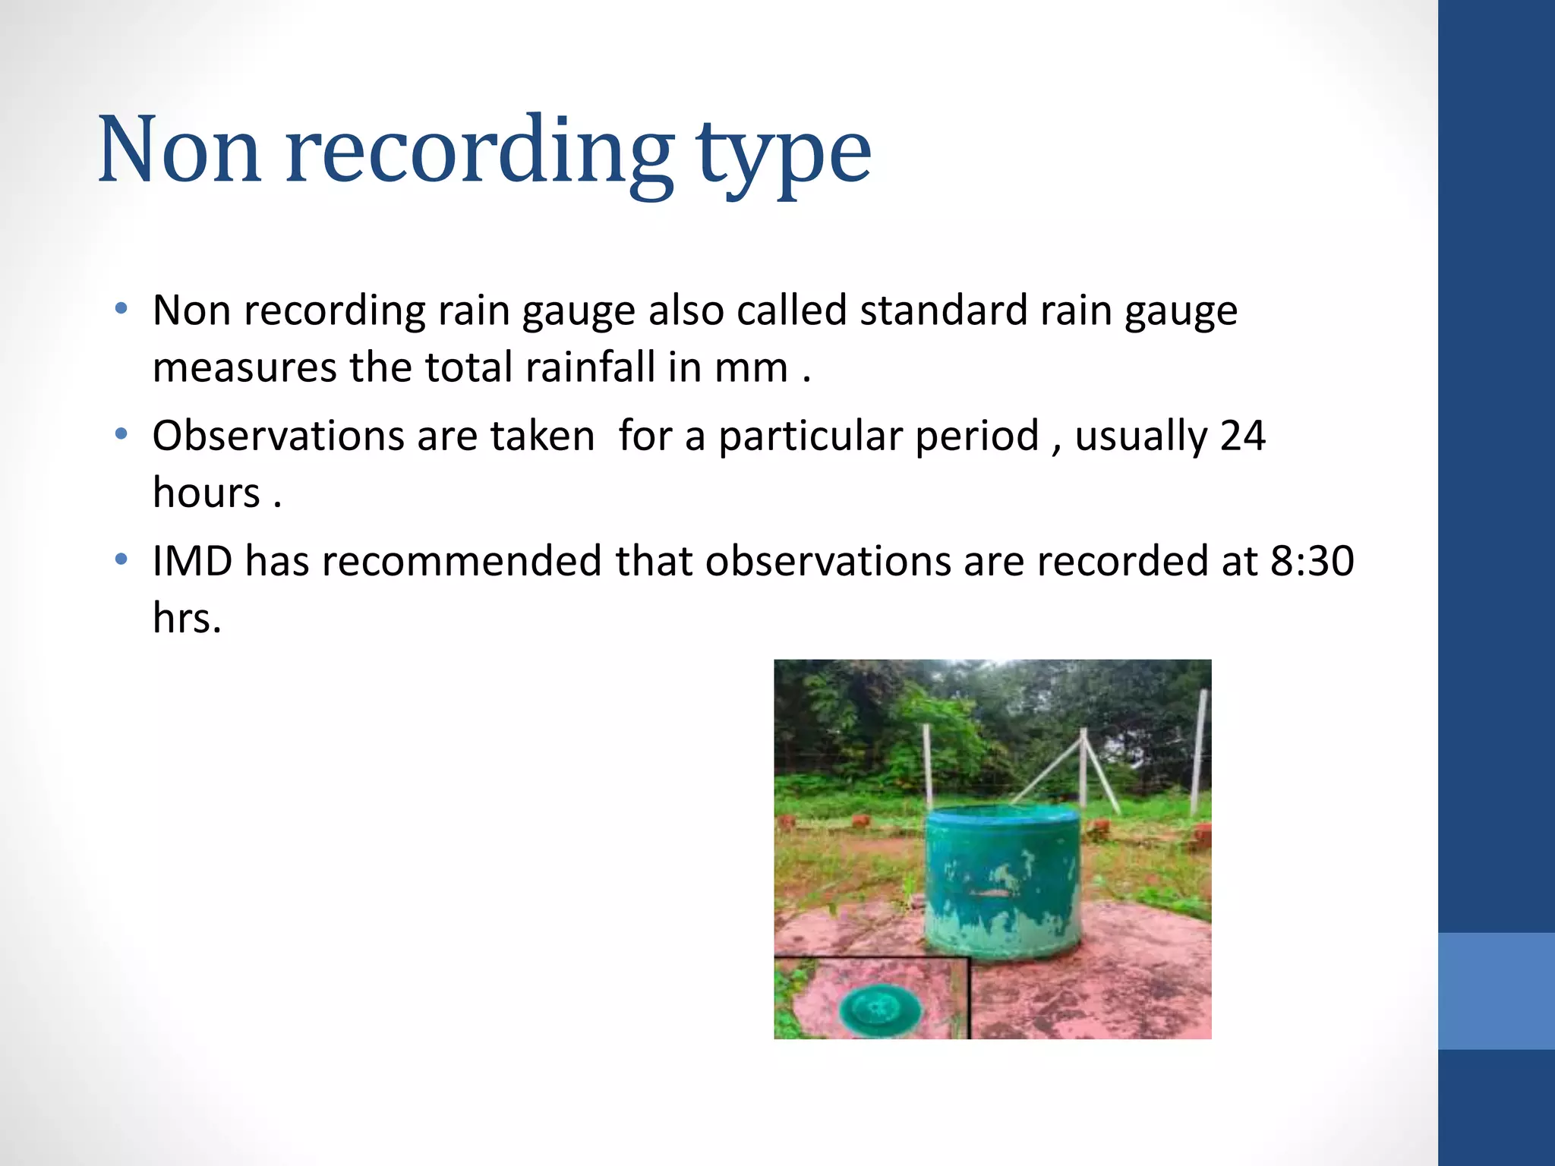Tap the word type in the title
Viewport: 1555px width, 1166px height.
[x=784, y=155]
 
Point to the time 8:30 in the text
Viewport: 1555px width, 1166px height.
[x=1312, y=562]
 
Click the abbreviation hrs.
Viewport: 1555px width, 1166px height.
[x=186, y=618]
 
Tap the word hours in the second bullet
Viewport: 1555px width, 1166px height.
[x=207, y=493]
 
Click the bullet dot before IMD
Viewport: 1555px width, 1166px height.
[x=121, y=560]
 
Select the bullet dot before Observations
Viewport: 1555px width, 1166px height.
[x=121, y=435]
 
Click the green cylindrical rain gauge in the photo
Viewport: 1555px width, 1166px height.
[x=1002, y=881]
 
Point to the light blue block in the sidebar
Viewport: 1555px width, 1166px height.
[x=1496, y=991]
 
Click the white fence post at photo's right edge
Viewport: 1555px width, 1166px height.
[x=1199, y=752]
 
